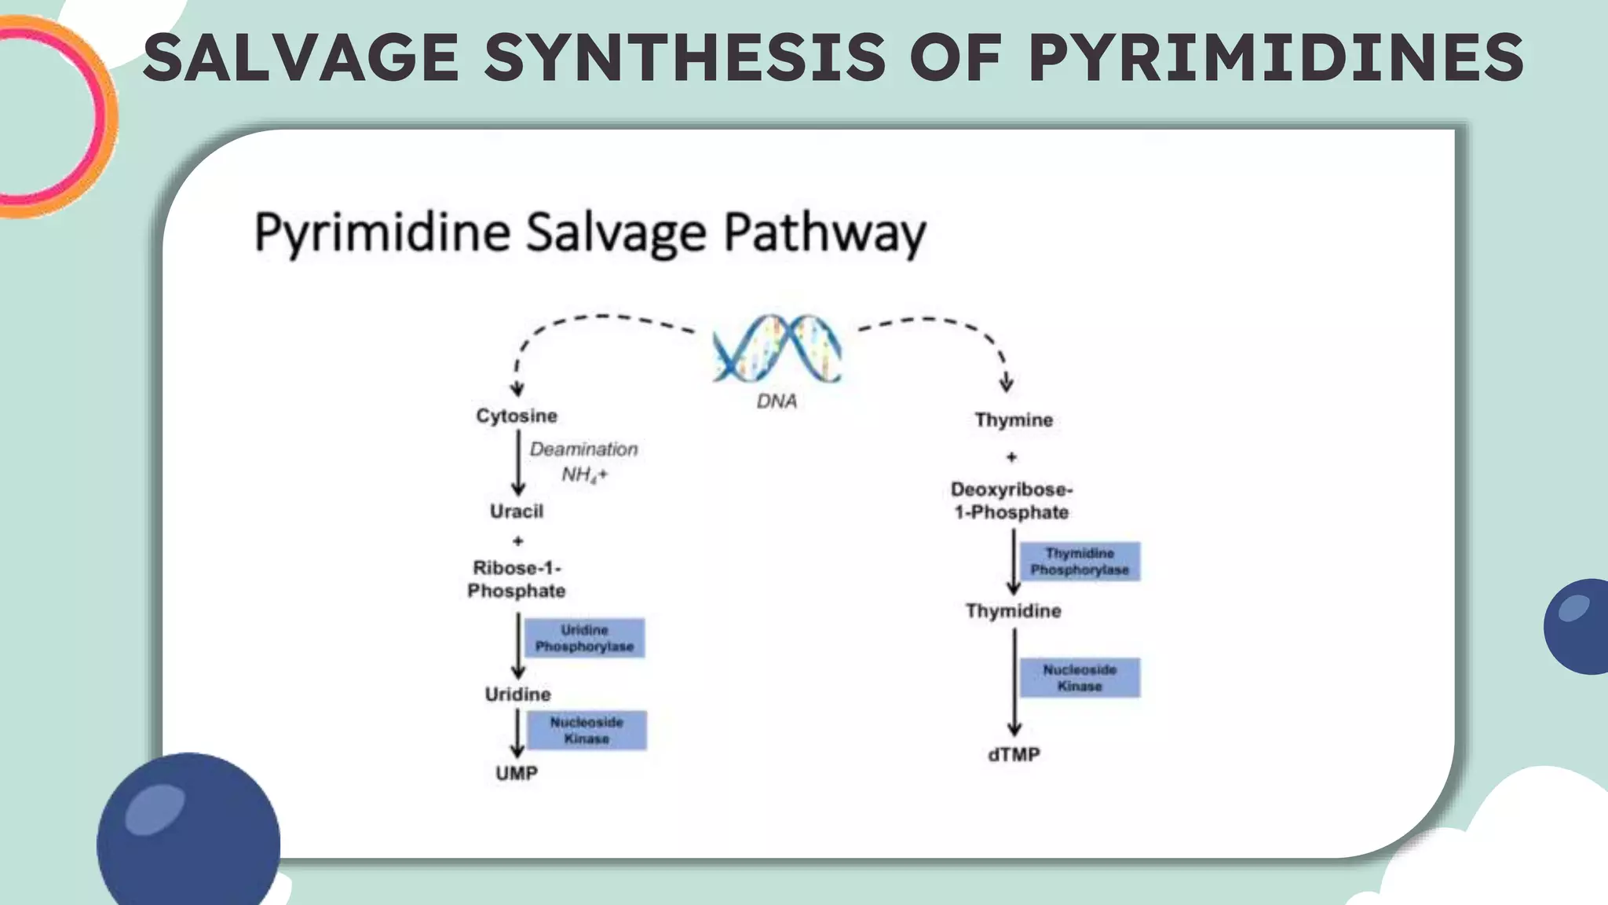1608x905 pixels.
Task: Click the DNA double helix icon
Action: [777, 349]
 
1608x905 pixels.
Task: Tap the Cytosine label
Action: [517, 416]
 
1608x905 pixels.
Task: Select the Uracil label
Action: [517, 511]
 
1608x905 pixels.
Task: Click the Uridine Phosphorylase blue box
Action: [584, 638]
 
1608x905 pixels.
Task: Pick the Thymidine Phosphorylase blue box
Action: [1080, 562]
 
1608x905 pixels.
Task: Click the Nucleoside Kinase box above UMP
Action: [587, 731]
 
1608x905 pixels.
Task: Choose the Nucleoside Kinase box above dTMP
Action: [1080, 677]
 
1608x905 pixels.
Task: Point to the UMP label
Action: [517, 774]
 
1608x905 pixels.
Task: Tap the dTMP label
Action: [1014, 755]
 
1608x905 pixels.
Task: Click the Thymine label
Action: [1014, 420]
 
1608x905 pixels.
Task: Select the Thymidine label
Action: [1013, 611]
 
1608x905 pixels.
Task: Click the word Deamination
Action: [583, 449]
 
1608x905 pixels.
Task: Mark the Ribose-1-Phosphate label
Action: [517, 579]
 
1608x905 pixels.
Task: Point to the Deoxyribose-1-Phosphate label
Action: [1011, 500]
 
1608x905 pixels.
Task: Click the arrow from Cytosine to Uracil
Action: [518, 463]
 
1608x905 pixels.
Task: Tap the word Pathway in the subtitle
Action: [824, 233]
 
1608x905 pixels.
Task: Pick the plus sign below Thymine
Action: [1011, 457]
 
